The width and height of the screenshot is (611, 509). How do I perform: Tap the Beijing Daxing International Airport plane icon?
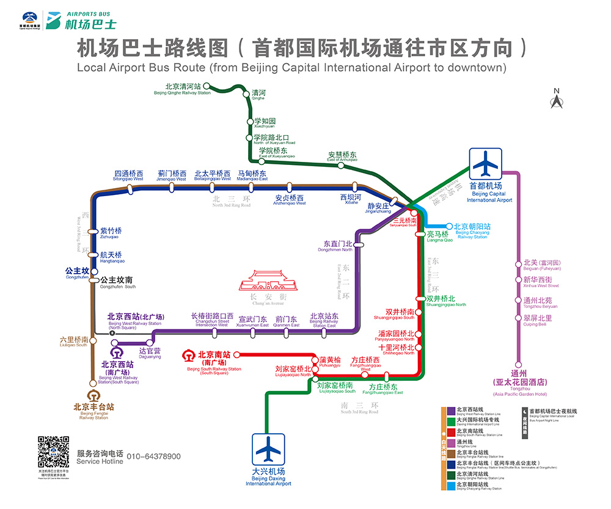point(269,449)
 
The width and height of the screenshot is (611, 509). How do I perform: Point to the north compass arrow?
point(556,100)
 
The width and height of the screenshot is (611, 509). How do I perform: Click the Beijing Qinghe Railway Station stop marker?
point(207,86)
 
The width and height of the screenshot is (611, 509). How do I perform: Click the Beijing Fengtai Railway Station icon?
point(93,395)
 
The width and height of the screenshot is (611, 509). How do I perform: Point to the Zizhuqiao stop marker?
point(93,232)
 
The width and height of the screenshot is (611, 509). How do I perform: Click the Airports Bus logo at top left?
point(67,20)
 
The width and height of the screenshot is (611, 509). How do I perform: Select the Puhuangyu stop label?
point(330,362)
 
